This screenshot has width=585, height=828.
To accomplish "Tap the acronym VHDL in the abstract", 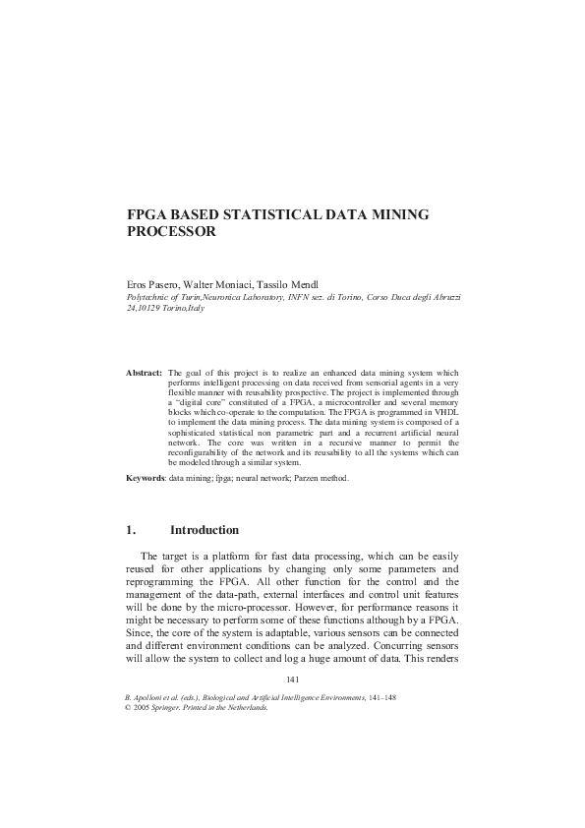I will click(x=444, y=409).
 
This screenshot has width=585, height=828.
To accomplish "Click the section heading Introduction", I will click(x=205, y=530).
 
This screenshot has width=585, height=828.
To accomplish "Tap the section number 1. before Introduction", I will click(x=131, y=530).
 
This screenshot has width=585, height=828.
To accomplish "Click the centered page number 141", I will click(x=292, y=680).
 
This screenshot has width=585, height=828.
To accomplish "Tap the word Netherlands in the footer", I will click(x=244, y=707).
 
